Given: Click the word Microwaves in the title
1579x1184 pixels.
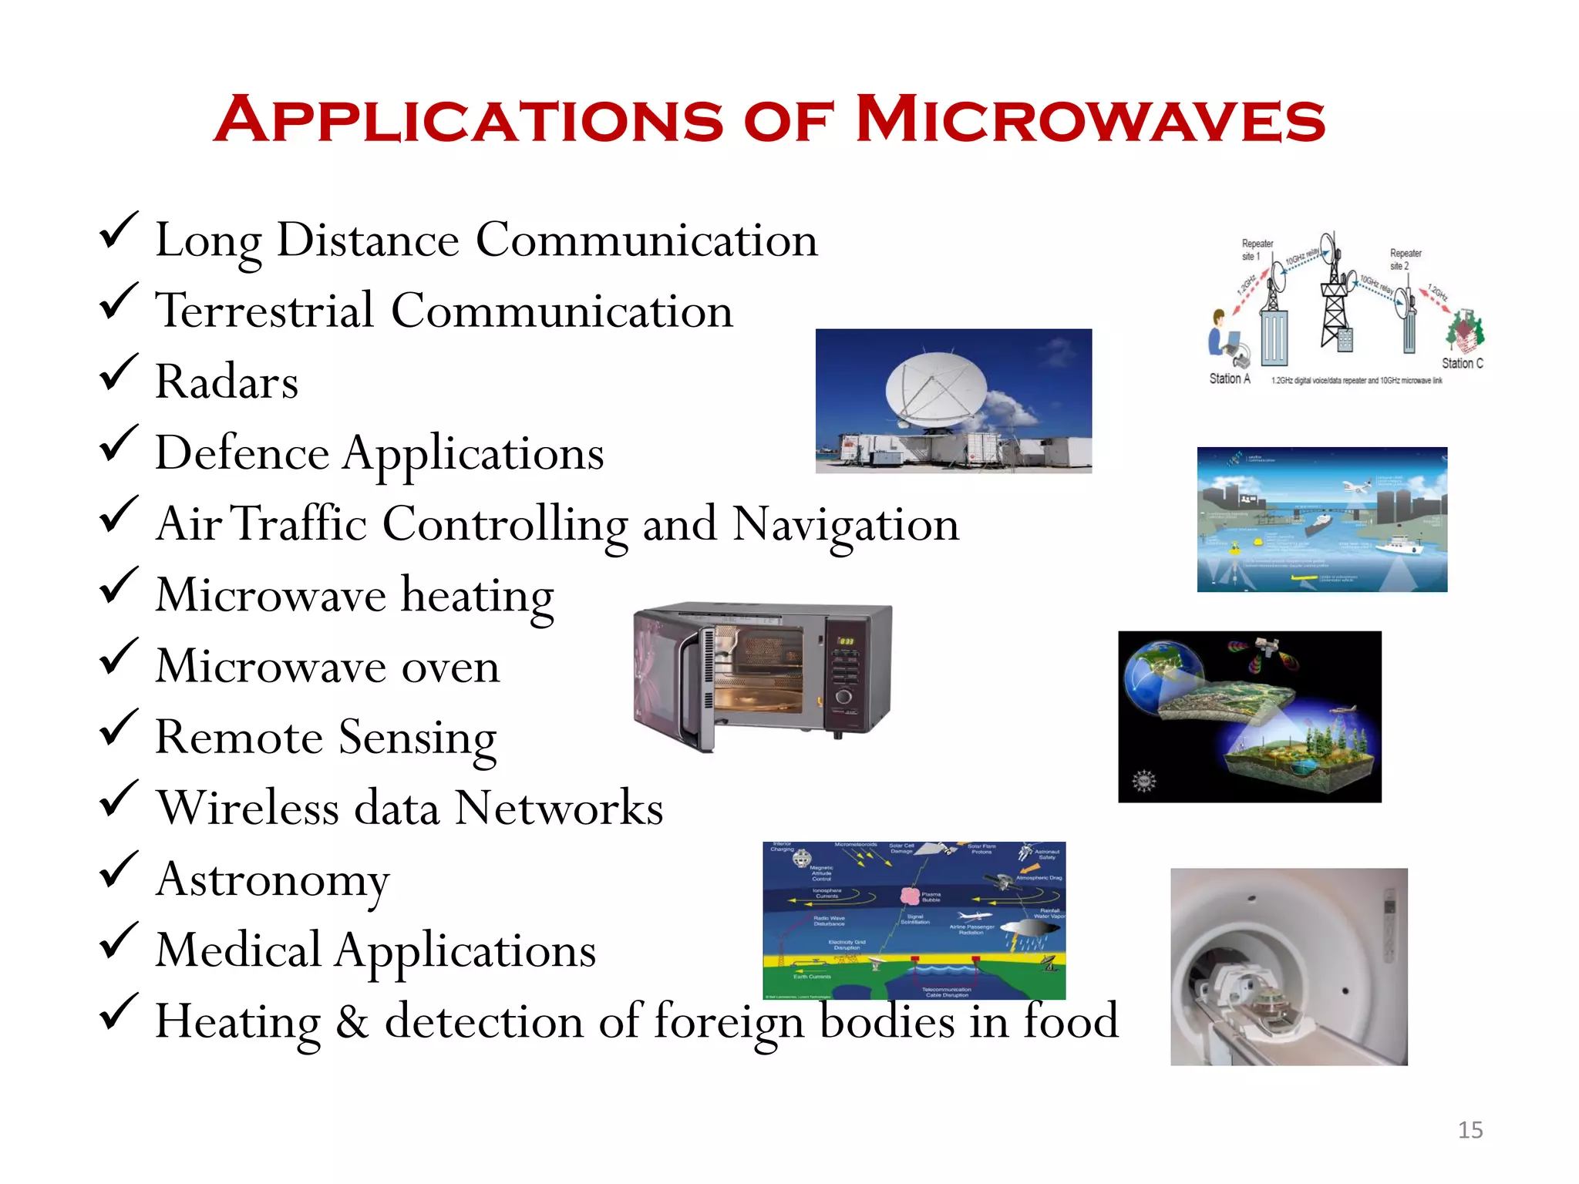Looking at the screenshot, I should point(1090,121).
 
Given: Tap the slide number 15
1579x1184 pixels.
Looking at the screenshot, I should point(1470,1129).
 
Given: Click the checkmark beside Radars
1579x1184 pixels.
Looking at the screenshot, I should point(119,372).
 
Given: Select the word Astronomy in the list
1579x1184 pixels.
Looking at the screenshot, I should point(273,880).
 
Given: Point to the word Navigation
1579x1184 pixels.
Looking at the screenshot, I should point(846,525).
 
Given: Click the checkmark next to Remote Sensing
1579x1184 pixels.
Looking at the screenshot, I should point(119,728).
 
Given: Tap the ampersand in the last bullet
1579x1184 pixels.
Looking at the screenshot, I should point(352,1022).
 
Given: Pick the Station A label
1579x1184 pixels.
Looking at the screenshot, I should point(1229,378).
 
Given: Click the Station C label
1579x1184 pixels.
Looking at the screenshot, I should point(1462,363).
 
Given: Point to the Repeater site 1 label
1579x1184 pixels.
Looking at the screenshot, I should point(1256,250).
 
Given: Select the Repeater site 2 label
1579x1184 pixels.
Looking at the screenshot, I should point(1405,259).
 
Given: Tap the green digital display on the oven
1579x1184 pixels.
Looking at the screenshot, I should point(846,641).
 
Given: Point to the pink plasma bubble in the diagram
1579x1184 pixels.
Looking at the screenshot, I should point(910,895).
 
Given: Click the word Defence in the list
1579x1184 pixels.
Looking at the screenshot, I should point(242,453).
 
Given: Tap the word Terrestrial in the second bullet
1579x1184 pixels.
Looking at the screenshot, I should point(264,311).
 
